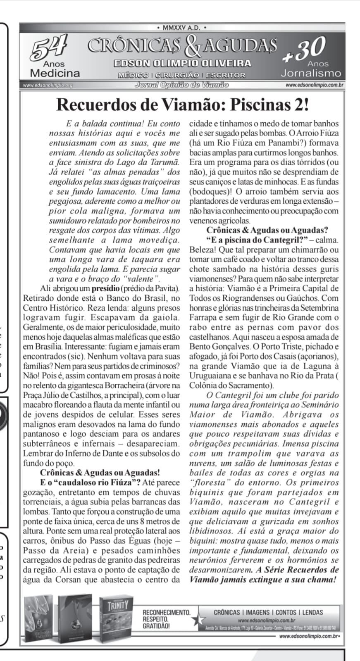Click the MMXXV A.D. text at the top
click(x=181, y=28)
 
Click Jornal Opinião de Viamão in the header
click(x=182, y=85)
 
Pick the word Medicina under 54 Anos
click(x=55, y=74)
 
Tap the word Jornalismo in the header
click(x=311, y=74)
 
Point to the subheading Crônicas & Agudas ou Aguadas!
click(x=100, y=473)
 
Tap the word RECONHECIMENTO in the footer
click(x=166, y=613)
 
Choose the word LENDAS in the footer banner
click(x=312, y=612)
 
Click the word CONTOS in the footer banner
click(x=286, y=612)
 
